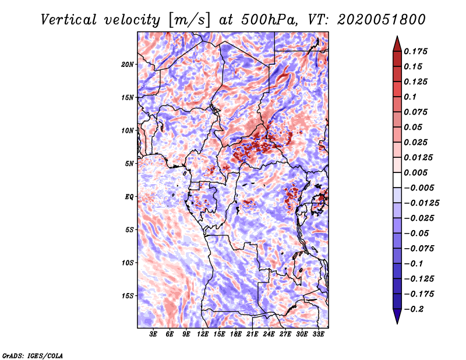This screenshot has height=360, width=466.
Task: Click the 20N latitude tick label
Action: coord(128,65)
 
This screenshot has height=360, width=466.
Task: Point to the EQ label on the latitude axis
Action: coord(129,197)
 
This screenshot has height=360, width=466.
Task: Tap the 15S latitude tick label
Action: coord(128,296)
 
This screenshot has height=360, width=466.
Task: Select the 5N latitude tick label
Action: coord(129,164)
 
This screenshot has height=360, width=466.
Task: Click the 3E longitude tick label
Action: coord(153,334)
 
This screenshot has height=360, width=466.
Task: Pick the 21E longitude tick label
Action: coord(252,334)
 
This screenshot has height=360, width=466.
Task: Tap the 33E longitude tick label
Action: coord(318,334)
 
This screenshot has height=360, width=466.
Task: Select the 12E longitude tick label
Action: coord(203,334)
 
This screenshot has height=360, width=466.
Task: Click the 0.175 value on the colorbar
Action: coord(415,51)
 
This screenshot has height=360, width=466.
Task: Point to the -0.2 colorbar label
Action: coord(414,309)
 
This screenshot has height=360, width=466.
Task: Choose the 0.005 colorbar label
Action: coord(415,172)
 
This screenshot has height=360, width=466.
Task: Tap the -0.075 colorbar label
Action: coord(419,249)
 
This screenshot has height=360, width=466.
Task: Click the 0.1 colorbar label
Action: coord(410,97)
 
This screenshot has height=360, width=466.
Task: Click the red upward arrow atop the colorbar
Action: coord(397,44)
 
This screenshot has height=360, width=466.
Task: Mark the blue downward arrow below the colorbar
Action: coord(397,316)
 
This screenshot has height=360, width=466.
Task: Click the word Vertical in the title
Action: coord(69,20)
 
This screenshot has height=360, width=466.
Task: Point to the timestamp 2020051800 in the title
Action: coord(382,20)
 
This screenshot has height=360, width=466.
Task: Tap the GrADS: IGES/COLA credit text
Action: coord(33,355)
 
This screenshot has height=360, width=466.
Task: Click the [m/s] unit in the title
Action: coord(189,20)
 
